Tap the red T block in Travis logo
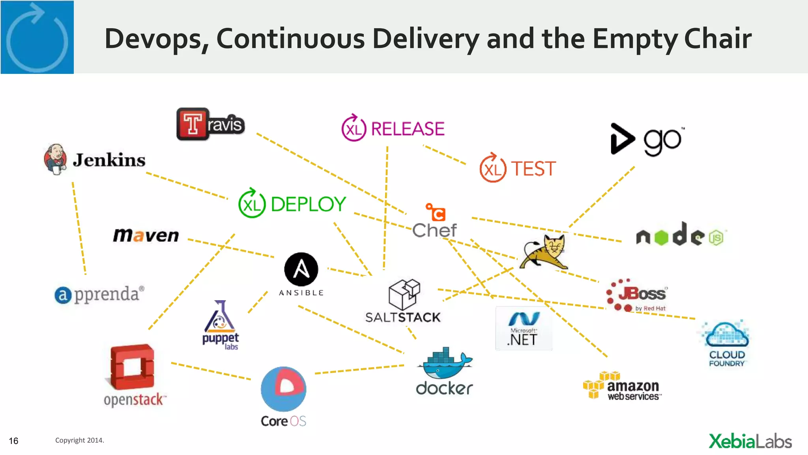193,124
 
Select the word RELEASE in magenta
408,129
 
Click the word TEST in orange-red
533,169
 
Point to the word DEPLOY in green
308,204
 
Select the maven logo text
146,235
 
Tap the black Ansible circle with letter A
301,269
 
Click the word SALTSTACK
402,317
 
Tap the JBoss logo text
642,294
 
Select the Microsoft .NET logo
524,329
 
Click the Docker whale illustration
444,363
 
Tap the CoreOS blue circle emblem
283,389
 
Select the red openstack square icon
132,366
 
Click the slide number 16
13,441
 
